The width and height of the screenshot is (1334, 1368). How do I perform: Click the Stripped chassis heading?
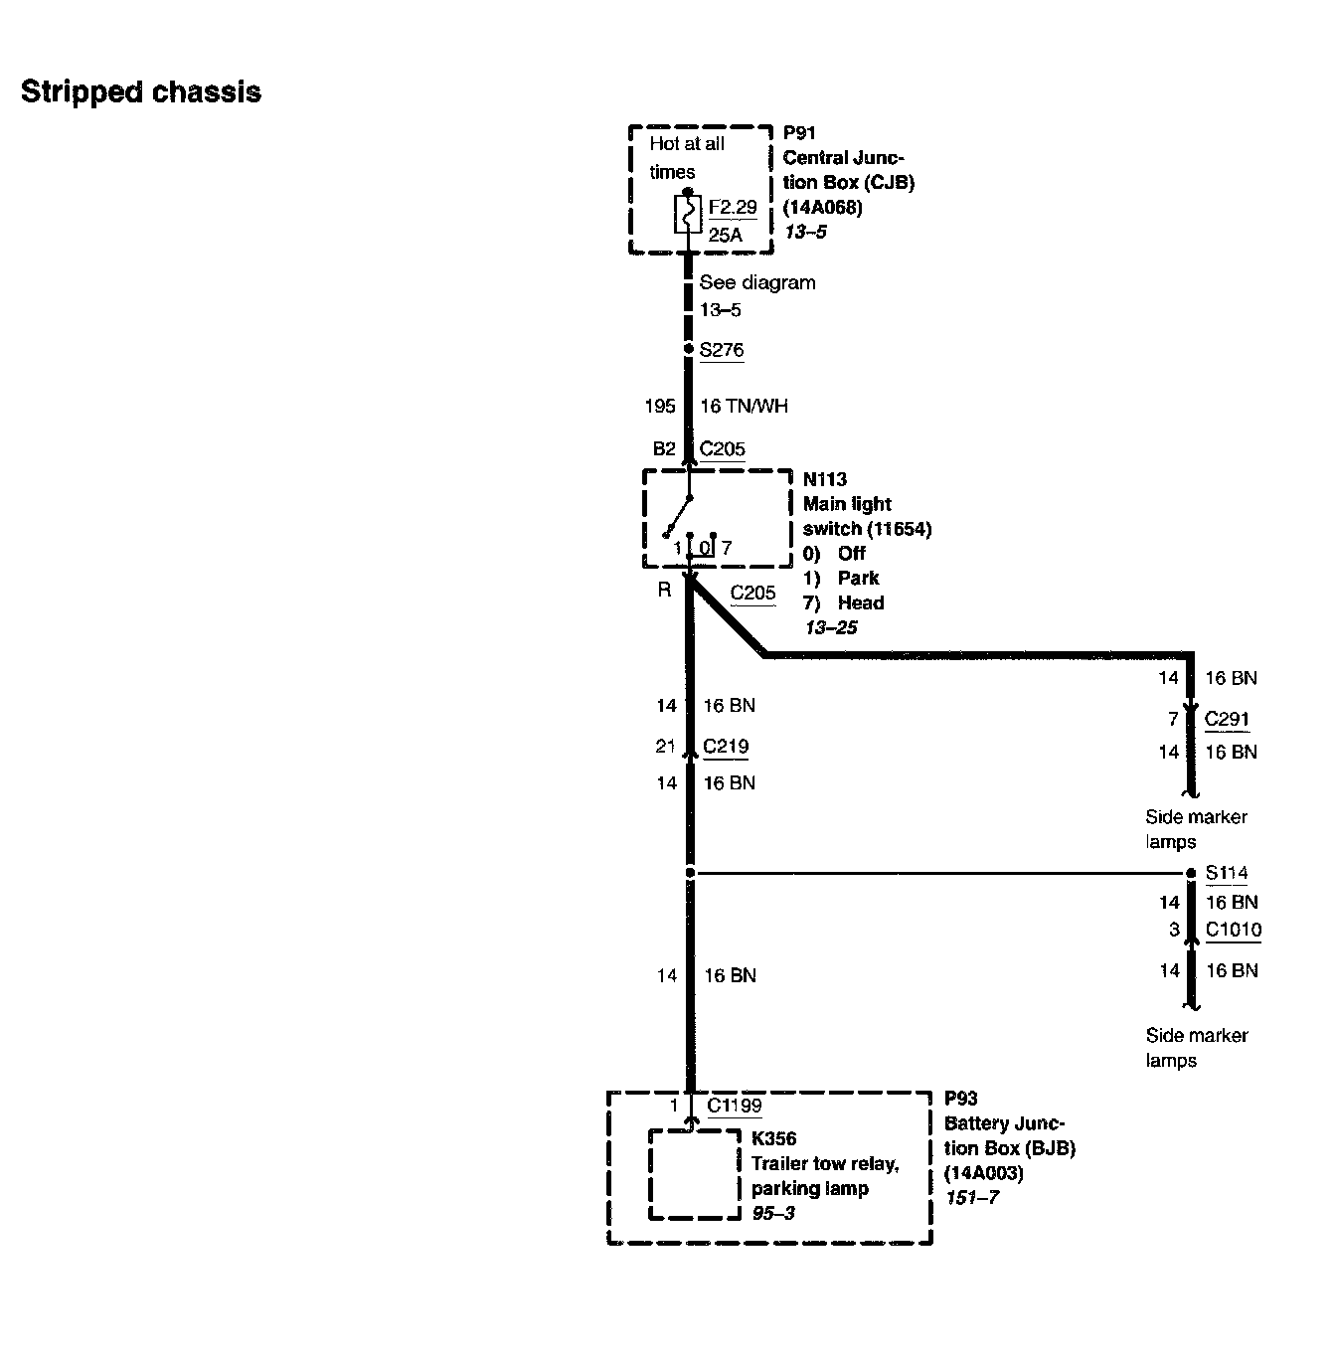click(140, 92)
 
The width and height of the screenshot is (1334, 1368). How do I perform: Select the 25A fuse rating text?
click(726, 236)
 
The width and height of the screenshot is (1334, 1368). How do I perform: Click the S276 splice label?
click(722, 350)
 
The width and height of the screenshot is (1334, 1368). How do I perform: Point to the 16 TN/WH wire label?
click(744, 406)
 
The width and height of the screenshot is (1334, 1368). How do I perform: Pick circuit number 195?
click(660, 406)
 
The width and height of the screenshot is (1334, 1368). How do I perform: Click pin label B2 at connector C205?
click(664, 448)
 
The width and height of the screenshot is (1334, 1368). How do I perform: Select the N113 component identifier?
click(825, 479)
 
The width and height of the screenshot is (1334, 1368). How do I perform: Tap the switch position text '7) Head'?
click(843, 602)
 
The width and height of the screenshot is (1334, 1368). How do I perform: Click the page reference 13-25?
click(831, 627)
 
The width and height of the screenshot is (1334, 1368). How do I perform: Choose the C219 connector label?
click(726, 747)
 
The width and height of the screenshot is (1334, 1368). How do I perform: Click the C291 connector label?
click(1227, 719)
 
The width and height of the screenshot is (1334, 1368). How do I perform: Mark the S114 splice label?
click(1227, 874)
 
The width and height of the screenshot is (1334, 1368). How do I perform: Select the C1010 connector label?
click(1234, 931)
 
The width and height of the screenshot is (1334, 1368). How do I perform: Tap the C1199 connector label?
click(735, 1106)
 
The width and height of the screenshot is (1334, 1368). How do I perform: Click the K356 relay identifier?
click(773, 1139)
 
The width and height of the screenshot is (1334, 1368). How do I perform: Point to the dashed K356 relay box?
click(694, 1174)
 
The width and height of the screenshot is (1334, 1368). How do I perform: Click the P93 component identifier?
click(960, 1099)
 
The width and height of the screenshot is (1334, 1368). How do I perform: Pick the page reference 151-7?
click(972, 1198)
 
